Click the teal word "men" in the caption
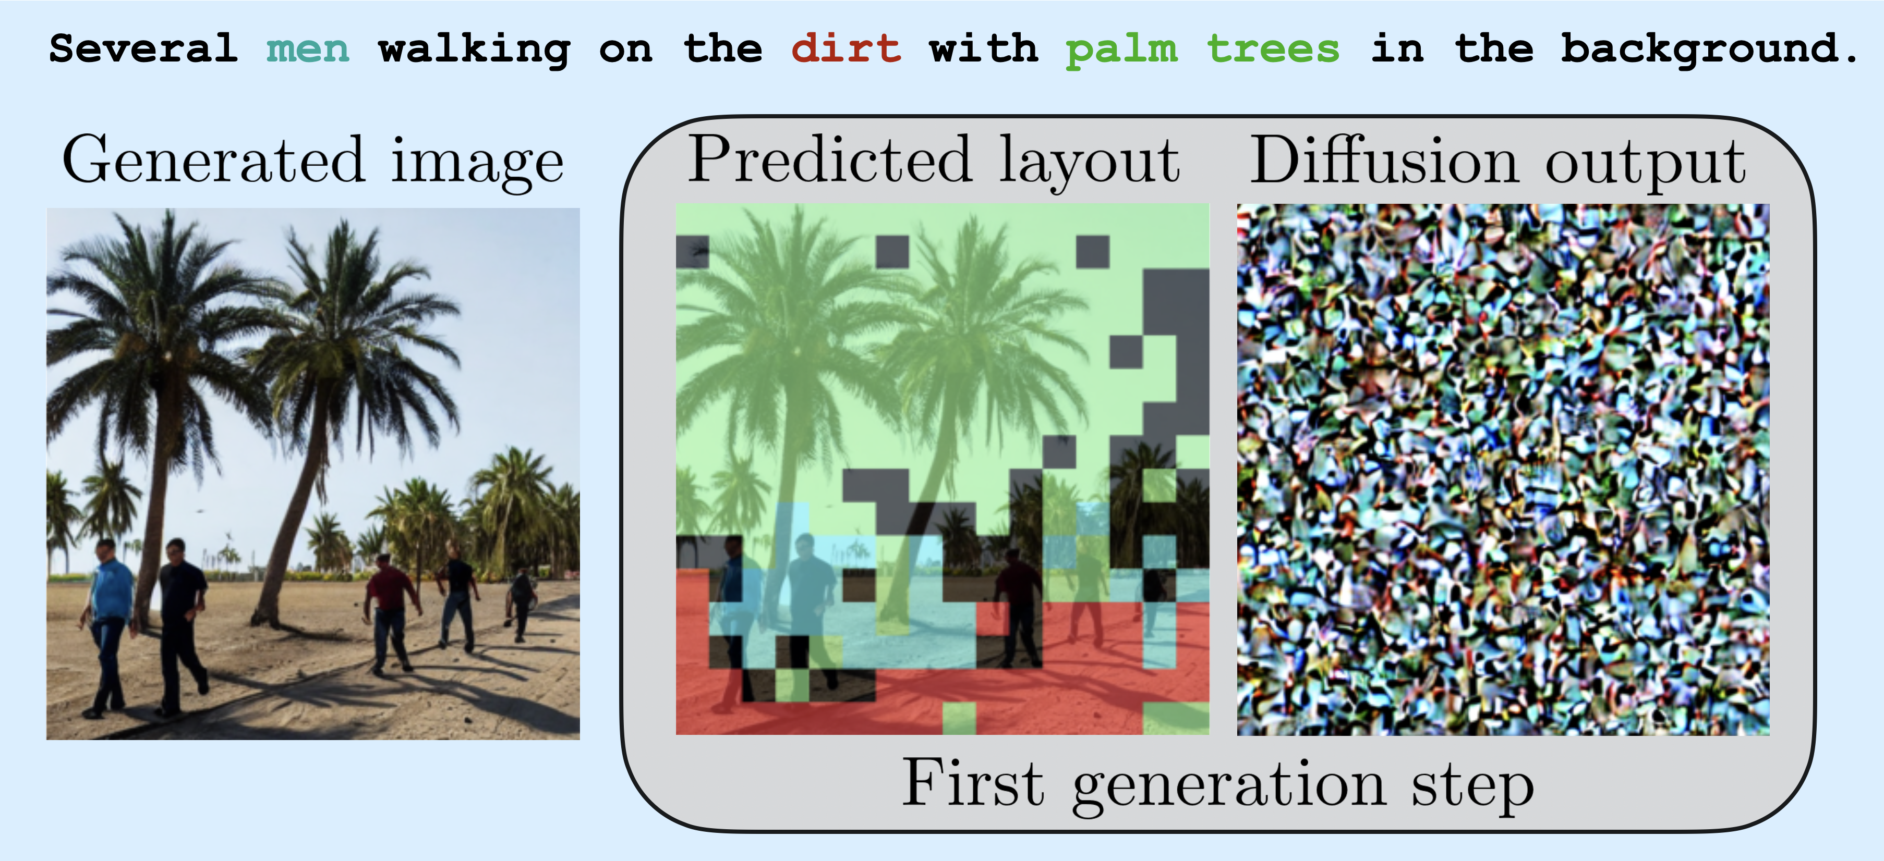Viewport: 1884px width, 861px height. click(308, 50)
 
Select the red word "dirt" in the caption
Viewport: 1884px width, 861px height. click(846, 49)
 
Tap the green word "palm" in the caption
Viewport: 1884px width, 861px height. click(1121, 50)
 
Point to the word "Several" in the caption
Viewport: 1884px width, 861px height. click(143, 49)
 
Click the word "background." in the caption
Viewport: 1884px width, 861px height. click(1709, 50)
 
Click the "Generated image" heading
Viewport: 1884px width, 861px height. click(313, 162)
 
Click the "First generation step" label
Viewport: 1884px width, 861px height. click(1218, 785)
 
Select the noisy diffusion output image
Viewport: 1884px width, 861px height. click(1503, 469)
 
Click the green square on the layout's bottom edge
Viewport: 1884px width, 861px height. click(959, 719)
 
